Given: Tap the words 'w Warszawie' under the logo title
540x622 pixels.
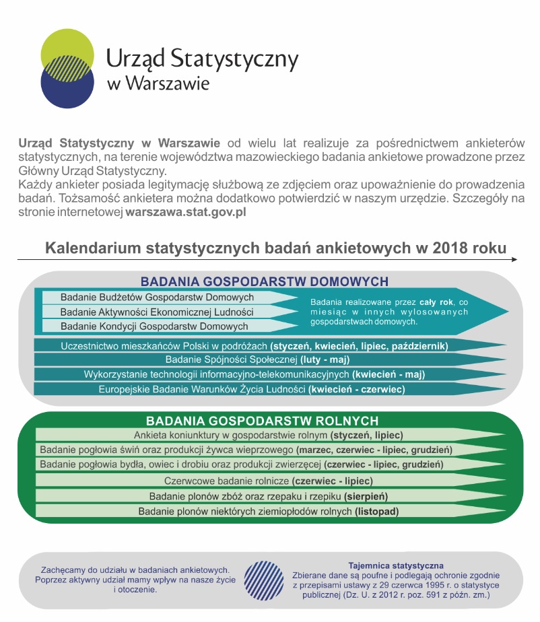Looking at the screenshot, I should tap(158, 84).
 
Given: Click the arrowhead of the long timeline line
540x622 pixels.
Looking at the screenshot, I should tap(514, 259).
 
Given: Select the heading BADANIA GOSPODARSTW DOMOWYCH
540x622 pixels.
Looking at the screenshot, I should tap(264, 281).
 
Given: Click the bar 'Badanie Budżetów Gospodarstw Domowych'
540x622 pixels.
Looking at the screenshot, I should tap(158, 298).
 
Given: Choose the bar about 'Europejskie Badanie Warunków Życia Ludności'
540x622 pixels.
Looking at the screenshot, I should tap(252, 389).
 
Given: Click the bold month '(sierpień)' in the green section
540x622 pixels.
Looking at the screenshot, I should tap(366, 496).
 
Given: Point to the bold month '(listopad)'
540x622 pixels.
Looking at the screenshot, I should tap(377, 512).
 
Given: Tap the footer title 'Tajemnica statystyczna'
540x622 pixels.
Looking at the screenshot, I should tap(396, 565).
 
